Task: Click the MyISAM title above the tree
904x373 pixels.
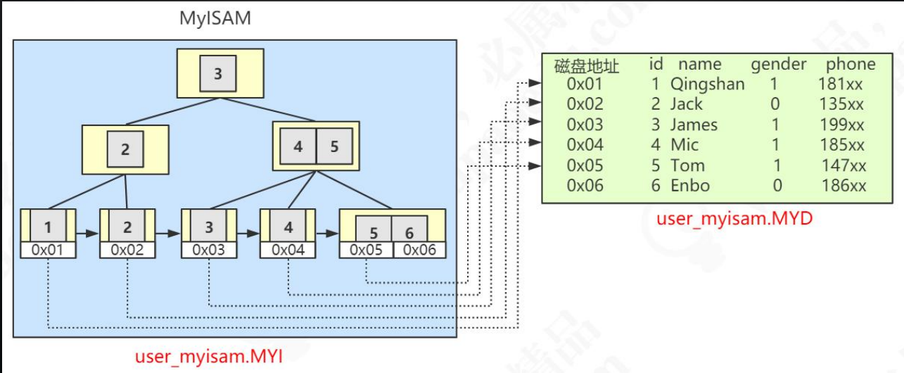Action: pos(215,18)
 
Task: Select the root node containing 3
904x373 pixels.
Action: pos(218,73)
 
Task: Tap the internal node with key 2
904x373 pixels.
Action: pos(125,149)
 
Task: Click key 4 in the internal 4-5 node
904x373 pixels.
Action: pos(298,146)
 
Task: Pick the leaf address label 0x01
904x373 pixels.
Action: pos(48,250)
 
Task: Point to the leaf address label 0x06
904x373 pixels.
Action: pos(419,250)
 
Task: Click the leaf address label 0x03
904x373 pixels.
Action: pos(208,250)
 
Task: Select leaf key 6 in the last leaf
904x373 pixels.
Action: pos(409,232)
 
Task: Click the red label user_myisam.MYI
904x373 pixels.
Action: pos(209,357)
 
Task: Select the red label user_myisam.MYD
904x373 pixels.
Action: pos(734,218)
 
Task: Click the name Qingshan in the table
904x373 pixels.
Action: pos(707,84)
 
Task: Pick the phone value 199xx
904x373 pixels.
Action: pos(841,125)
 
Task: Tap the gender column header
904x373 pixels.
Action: pos(779,65)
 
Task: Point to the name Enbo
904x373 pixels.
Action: pos(690,186)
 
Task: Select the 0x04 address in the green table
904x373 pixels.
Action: pos(585,146)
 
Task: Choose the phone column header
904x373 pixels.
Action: pos(851,65)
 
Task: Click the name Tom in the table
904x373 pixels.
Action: pos(687,166)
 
